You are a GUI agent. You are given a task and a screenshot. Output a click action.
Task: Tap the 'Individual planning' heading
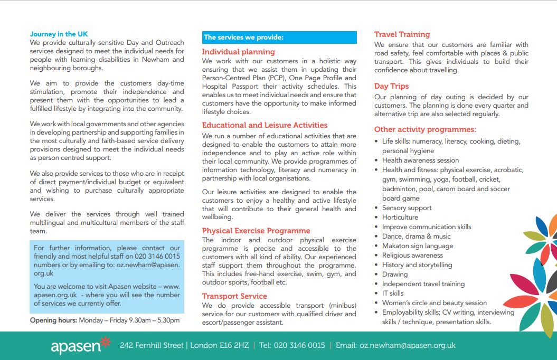(238, 52)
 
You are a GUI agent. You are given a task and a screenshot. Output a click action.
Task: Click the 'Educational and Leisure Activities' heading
(265, 125)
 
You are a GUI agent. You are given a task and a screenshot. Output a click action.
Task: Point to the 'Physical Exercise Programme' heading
(256, 231)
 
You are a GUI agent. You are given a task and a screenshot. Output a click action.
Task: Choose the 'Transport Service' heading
(234, 296)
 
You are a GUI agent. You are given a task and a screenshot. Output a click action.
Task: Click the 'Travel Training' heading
(402, 34)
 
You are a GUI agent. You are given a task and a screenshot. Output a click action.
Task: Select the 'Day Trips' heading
(391, 86)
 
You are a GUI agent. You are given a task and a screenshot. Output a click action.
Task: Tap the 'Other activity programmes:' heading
(425, 129)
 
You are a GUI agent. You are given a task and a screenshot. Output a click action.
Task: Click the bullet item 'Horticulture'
(400, 217)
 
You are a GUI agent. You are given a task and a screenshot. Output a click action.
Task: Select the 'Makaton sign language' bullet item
(418, 246)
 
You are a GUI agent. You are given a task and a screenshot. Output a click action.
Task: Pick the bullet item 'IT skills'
(393, 293)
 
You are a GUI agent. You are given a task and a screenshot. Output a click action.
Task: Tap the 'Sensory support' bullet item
(407, 208)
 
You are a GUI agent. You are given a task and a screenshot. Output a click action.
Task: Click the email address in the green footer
(407, 346)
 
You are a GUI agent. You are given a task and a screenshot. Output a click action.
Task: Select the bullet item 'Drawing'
(395, 274)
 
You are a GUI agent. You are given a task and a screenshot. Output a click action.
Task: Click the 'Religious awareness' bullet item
(412, 255)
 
